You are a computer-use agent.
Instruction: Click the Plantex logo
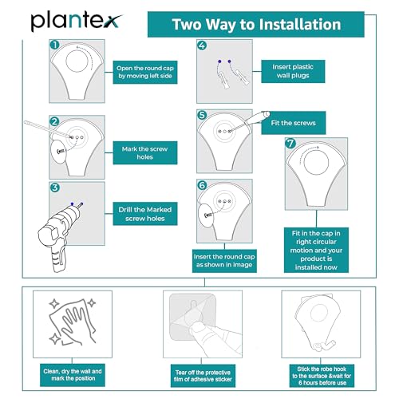[x=77, y=22]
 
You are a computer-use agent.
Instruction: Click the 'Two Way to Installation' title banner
[x=256, y=24]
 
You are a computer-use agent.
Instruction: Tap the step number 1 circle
[x=54, y=45]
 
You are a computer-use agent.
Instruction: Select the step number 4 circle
[x=202, y=45]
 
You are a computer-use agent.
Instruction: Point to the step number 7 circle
[x=290, y=144]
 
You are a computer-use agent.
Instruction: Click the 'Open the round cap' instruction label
[x=145, y=72]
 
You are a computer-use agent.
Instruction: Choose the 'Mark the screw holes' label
[x=145, y=152]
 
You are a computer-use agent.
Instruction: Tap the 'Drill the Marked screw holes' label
[x=145, y=214]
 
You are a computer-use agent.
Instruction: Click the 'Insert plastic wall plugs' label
[x=293, y=71]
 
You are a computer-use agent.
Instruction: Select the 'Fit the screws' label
[x=293, y=123]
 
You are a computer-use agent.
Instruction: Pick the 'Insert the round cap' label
[x=224, y=261]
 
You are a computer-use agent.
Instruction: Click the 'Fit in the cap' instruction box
[x=316, y=250]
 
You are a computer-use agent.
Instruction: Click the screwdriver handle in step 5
[x=257, y=118]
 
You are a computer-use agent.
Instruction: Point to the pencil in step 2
[x=48, y=129]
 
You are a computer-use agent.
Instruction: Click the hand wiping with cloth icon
[x=73, y=322]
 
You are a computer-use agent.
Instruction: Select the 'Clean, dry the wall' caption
[x=73, y=375]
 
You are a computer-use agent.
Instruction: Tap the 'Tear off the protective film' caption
[x=203, y=376]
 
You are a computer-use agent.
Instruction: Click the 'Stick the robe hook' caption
[x=322, y=376]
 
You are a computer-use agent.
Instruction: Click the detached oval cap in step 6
[x=206, y=215]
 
